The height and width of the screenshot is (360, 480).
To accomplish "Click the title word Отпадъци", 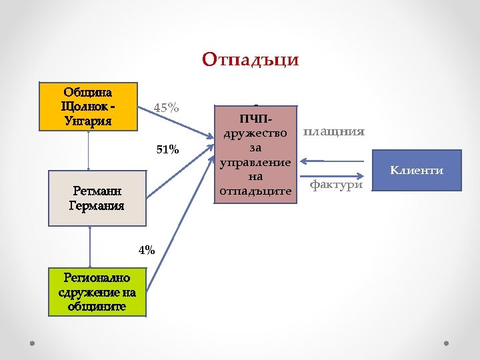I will click(x=251, y=60).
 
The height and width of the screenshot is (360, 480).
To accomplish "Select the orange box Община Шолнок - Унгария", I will click(x=88, y=106).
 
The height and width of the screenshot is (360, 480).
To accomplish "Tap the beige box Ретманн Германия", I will click(x=97, y=198).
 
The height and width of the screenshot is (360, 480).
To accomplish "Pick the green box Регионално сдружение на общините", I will click(x=97, y=291).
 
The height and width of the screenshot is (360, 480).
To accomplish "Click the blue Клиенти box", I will click(x=417, y=171).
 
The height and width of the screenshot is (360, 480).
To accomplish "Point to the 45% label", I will click(x=166, y=107).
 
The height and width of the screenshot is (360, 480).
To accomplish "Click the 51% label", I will click(x=167, y=150).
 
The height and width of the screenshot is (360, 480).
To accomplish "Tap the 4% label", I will click(x=147, y=251).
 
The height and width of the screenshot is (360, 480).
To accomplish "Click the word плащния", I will click(x=334, y=131).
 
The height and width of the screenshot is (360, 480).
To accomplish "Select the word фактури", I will click(x=337, y=184).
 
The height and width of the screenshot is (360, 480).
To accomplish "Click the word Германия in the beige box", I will click(x=97, y=205).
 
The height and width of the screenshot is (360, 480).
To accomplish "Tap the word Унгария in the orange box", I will click(x=88, y=121).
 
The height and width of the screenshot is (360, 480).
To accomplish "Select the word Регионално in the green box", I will click(x=97, y=277).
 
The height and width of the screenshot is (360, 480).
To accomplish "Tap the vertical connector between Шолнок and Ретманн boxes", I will click(x=89, y=150).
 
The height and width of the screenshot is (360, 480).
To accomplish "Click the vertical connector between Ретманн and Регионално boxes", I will click(x=90, y=247).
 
